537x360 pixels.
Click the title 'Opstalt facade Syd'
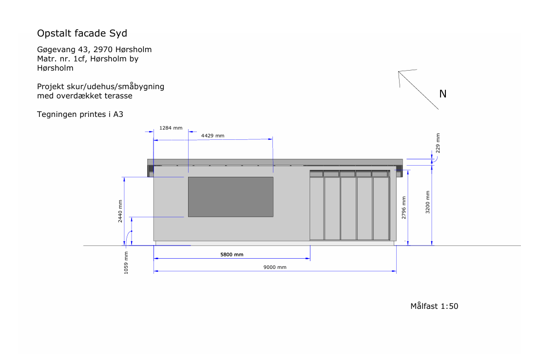click(x=82, y=34)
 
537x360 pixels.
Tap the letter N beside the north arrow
click(x=443, y=94)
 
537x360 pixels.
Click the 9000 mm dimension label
click(x=275, y=267)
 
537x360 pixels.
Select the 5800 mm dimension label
click(x=232, y=254)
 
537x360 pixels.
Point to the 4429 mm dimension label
click(x=212, y=135)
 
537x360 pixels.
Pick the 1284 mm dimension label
click(x=171, y=128)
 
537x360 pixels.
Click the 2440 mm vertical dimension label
click(x=120, y=211)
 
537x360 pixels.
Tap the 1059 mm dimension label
click(x=126, y=263)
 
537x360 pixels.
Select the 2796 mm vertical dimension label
click(x=404, y=208)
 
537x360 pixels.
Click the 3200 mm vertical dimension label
click(x=427, y=203)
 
